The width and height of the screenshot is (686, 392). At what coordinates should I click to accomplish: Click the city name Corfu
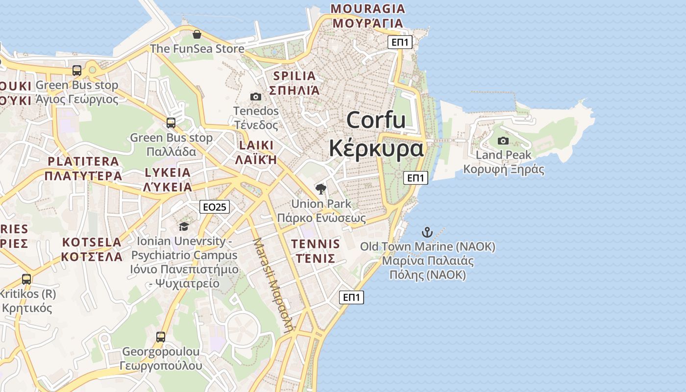click(376, 120)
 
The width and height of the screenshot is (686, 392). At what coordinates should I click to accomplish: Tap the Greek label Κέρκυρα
click(376, 148)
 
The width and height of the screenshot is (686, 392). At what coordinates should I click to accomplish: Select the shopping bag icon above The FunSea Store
click(196, 34)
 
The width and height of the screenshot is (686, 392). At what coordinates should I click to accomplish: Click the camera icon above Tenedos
click(255, 97)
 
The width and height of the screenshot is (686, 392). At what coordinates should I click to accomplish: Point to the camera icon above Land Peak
click(503, 141)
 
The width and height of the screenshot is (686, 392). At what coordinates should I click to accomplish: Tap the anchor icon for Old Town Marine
click(427, 232)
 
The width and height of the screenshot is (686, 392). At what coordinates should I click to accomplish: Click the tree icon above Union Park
click(321, 189)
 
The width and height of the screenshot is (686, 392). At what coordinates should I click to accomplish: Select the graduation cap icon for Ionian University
click(184, 226)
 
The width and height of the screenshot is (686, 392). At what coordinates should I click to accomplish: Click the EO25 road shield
click(215, 207)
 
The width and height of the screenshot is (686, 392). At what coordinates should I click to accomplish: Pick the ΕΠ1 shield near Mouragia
click(400, 42)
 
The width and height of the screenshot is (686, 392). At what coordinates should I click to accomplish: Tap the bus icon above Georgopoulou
click(161, 337)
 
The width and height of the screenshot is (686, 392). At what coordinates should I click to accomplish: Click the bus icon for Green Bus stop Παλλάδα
click(171, 123)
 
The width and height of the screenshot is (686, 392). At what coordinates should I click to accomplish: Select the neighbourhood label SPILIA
click(294, 76)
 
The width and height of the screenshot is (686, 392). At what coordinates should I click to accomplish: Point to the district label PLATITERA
click(83, 161)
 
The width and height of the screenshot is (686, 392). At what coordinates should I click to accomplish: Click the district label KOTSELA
click(92, 242)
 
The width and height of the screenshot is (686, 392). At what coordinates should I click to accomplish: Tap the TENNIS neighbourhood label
click(315, 244)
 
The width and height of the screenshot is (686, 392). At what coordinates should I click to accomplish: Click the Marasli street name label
click(273, 284)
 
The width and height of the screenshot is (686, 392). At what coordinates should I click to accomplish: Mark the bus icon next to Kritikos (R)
click(26, 279)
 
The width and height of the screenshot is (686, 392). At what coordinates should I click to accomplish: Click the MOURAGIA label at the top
click(368, 9)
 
